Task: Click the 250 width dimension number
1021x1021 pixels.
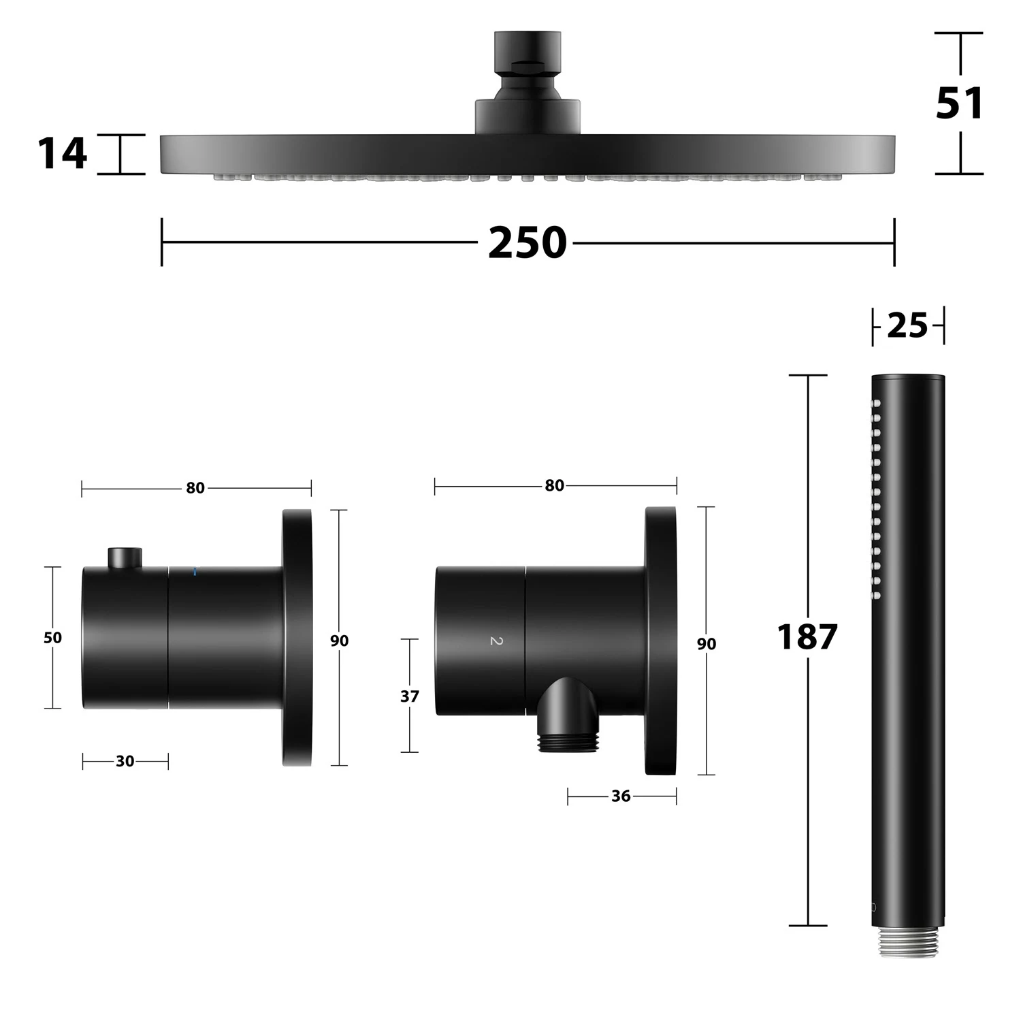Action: (x=528, y=242)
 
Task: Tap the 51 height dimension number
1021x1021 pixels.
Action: (x=960, y=103)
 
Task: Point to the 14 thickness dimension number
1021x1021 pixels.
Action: (x=62, y=153)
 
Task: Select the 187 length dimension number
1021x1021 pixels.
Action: (x=807, y=637)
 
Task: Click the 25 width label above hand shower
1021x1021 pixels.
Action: (x=908, y=325)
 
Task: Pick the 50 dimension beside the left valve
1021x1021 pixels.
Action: (x=52, y=638)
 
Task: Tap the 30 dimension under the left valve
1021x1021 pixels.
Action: (x=125, y=761)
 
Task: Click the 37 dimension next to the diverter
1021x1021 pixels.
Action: (x=410, y=696)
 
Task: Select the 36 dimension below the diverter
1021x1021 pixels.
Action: (x=621, y=796)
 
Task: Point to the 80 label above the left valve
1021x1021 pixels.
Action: (x=195, y=488)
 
